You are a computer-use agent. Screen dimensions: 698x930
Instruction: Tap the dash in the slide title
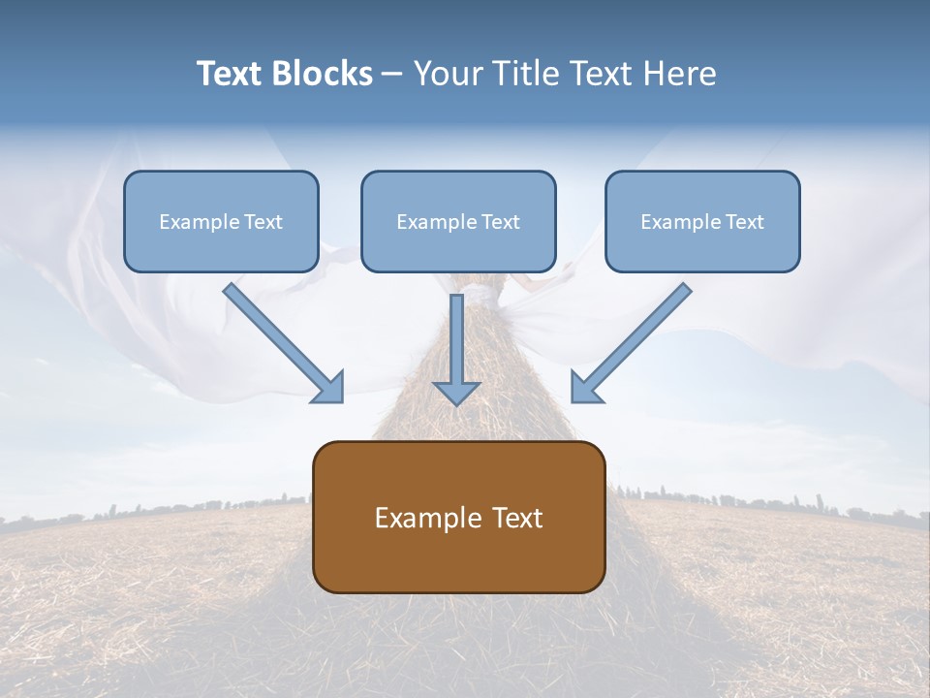coord(392,75)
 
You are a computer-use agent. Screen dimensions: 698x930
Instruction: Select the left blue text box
coord(221,221)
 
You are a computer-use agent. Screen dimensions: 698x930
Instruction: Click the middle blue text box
coord(458,221)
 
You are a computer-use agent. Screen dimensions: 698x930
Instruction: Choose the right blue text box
coord(702,221)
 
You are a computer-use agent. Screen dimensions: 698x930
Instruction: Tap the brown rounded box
coord(458,517)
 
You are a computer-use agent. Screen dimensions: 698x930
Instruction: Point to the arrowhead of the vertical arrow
coord(456,393)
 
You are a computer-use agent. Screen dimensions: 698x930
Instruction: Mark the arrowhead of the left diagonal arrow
coord(329,387)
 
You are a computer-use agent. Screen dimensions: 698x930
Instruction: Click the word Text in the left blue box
coord(263,222)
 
